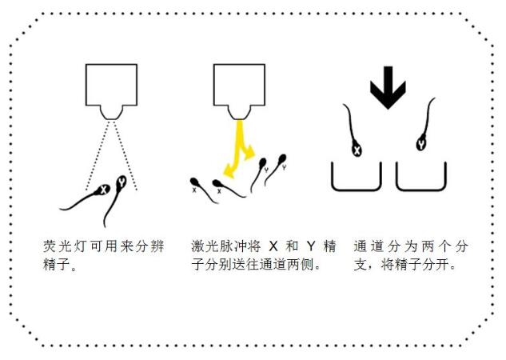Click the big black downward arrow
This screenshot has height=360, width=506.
pyautogui.click(x=388, y=88)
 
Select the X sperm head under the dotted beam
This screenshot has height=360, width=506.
pyautogui.click(x=103, y=190)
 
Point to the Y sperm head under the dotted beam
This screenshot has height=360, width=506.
pyautogui.click(x=122, y=182)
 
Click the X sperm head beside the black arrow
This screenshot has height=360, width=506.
pyautogui.click(x=357, y=150)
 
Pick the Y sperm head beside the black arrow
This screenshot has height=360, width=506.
pyautogui.click(x=420, y=144)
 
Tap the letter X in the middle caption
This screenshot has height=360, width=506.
pyautogui.click(x=273, y=246)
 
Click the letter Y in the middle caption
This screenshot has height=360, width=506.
pyautogui.click(x=311, y=246)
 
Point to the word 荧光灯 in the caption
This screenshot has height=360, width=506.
pyautogui.click(x=65, y=246)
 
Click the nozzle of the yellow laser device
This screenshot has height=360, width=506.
pyautogui.click(x=239, y=113)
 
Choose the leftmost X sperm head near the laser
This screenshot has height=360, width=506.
pyautogui.click(x=194, y=182)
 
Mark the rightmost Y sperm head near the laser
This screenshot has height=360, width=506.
pyautogui.click(x=282, y=158)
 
